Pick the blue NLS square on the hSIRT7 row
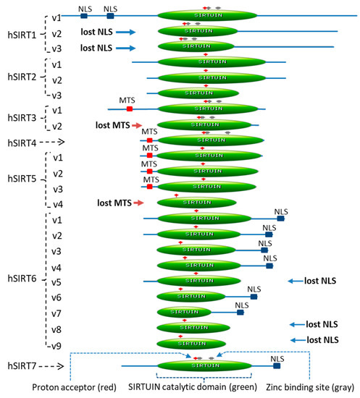pos(276,366)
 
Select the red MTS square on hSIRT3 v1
pos(130,109)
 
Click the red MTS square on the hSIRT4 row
pos(149,140)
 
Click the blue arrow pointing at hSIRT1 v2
pos(125,32)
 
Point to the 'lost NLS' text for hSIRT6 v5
pos(321,280)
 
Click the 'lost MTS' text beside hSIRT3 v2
pos(112,125)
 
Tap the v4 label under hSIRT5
pos(56,204)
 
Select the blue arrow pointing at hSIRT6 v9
pos(297,340)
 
